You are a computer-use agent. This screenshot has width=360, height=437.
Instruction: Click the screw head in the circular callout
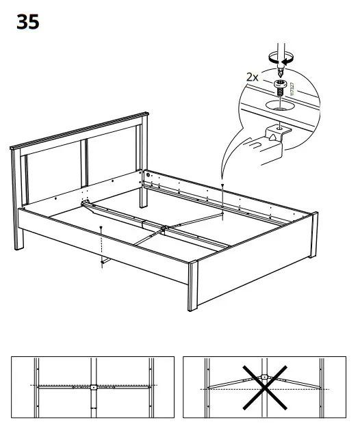281,83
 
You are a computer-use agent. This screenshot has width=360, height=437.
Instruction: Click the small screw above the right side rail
224,185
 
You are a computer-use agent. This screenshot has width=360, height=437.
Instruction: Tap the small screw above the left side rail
101,227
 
